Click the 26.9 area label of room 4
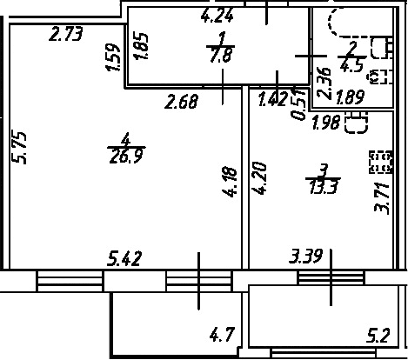point(126,157)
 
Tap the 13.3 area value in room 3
point(324,187)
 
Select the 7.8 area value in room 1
point(221,55)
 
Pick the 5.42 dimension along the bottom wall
point(124,258)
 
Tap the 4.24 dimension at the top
point(217,16)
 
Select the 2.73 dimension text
point(66,34)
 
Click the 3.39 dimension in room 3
point(306,256)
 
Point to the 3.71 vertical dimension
point(381,198)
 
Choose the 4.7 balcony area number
point(222,334)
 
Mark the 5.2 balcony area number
point(378,335)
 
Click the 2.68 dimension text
point(182,102)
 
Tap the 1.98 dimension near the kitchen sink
point(326,122)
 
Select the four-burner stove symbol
point(381,162)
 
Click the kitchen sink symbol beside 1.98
point(357,123)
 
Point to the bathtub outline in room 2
point(330,23)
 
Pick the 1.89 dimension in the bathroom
point(350,97)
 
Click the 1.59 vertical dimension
point(112,57)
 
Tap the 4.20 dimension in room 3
point(259,178)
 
